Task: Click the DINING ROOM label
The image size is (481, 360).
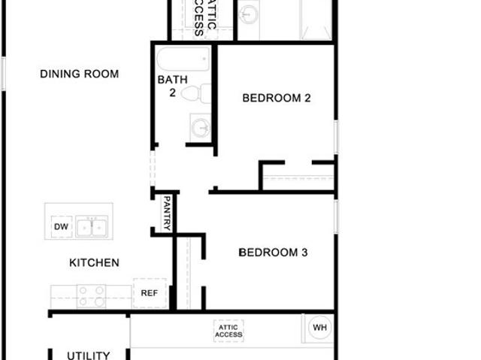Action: pyautogui.click(x=80, y=74)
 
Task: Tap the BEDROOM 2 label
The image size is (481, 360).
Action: pyautogui.click(x=277, y=98)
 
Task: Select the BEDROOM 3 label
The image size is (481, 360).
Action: pyautogui.click(x=273, y=253)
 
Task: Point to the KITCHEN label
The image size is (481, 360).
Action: pyautogui.click(x=94, y=263)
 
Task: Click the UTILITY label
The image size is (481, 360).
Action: pyautogui.click(x=89, y=355)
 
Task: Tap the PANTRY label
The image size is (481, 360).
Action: pyautogui.click(x=167, y=213)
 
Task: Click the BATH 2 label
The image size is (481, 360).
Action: pyautogui.click(x=172, y=86)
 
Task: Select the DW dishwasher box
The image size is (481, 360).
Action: pyautogui.click(x=62, y=227)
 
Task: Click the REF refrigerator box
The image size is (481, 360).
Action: pyautogui.click(x=150, y=293)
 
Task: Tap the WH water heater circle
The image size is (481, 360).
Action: pyautogui.click(x=319, y=328)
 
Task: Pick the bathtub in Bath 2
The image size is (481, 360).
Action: pyautogui.click(x=183, y=59)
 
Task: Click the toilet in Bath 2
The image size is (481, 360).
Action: pyautogui.click(x=195, y=93)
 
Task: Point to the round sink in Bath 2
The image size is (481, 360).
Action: pyautogui.click(x=201, y=127)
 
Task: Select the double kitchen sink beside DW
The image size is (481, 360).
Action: pyautogui.click(x=92, y=227)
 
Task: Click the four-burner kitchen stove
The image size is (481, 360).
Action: pyautogui.click(x=91, y=296)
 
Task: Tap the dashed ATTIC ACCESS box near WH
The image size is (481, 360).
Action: pyautogui.click(x=228, y=331)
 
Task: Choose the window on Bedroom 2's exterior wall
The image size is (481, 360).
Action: pyautogui.click(x=336, y=137)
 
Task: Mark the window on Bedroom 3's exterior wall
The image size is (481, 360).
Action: pyautogui.click(x=336, y=216)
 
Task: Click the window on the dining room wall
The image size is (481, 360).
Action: pyautogui.click(x=3, y=74)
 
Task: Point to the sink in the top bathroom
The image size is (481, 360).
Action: pyautogui.click(x=249, y=14)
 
